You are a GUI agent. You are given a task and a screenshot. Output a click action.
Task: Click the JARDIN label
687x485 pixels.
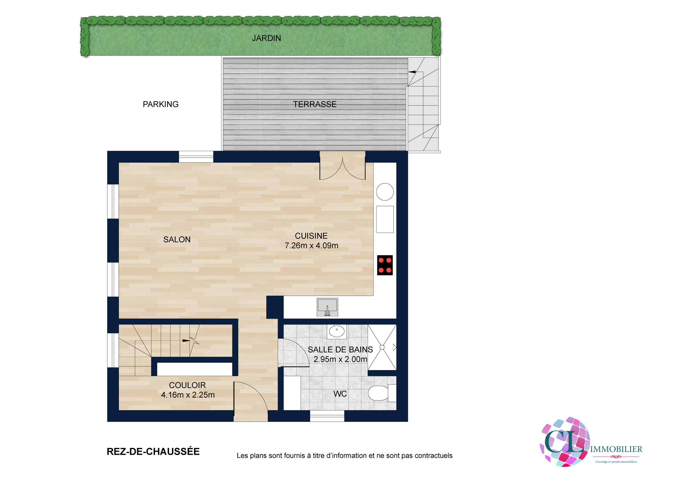coord(266,38)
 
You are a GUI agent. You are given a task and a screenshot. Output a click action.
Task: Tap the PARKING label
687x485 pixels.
coord(161,104)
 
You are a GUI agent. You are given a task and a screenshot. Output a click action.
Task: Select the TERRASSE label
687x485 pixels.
coord(315,104)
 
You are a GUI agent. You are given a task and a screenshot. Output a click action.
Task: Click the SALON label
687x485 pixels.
coord(177,240)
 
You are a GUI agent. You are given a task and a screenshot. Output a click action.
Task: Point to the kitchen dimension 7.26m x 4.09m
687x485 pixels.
coord(312,246)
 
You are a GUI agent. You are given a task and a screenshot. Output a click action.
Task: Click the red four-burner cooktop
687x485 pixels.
coord(385,265)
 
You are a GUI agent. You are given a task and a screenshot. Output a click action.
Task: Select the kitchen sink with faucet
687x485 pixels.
coord(327,307)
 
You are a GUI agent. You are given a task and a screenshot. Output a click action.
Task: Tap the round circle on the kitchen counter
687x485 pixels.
coord(385,192)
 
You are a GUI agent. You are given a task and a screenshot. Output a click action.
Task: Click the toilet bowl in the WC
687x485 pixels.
coord(378,393)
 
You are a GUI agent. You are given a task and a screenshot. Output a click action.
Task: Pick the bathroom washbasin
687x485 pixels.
coord(337,331)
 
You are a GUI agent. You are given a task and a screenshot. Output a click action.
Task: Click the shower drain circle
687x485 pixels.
coord(382,347)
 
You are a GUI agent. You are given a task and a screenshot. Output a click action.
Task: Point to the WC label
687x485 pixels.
coord(340,394)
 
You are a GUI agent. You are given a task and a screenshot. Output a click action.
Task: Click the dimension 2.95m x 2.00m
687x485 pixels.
coord(340,359)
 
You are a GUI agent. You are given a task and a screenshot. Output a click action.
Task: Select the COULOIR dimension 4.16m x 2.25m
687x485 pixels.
coord(188,395)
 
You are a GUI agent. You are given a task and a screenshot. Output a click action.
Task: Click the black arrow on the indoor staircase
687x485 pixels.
coord(186,340)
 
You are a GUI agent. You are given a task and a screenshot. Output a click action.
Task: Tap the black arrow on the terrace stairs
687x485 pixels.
coord(412,72)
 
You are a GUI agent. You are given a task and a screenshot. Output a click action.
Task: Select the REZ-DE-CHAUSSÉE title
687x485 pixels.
coord(153,452)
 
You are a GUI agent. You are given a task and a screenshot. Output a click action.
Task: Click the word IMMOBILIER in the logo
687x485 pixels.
coord(616,449)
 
